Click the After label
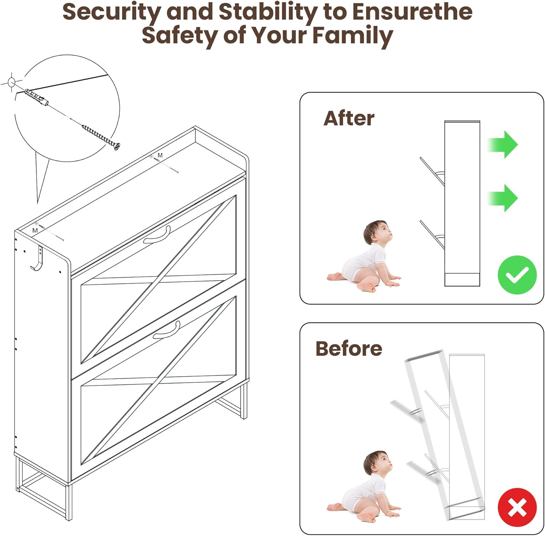[x=349, y=118]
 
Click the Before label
[x=349, y=348]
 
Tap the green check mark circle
[x=517, y=275]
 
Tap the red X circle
[x=517, y=508]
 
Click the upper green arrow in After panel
[x=502, y=144]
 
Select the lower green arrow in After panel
[x=502, y=198]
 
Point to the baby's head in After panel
[x=377, y=233]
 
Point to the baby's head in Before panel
[x=377, y=464]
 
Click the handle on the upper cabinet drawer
[x=157, y=235]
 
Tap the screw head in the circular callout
[x=116, y=146]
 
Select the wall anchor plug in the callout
[x=36, y=97]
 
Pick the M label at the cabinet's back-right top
[x=160, y=155]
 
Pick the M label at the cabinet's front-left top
[x=35, y=230]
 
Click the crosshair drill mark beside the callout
[x=11, y=82]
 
